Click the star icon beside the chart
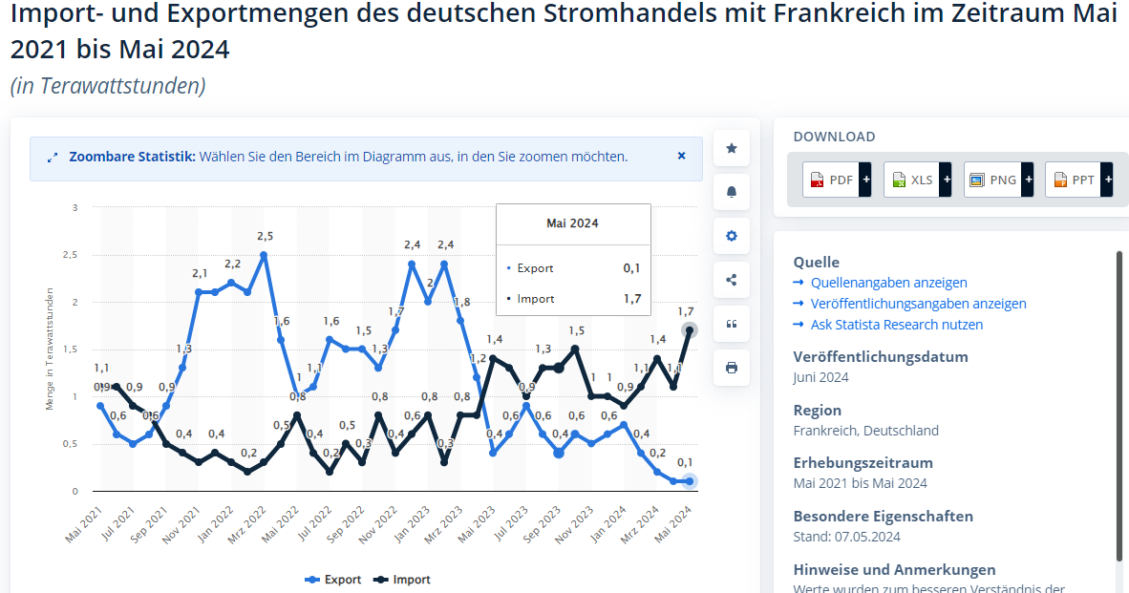pos(732,148)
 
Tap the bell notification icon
pos(732,192)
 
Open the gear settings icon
pos(732,236)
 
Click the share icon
pos(732,280)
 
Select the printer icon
pos(732,368)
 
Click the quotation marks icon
pos(732,324)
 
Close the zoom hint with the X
pos(681,156)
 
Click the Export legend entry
pos(333,580)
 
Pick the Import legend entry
pos(402,580)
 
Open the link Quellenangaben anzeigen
pos(888,283)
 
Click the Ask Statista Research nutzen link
pos(896,325)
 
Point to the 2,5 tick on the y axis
pos(72,255)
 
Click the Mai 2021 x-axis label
pos(84,524)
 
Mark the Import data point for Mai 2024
pos(689,329)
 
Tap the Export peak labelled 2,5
pos(264,255)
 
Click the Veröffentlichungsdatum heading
pos(880,357)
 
